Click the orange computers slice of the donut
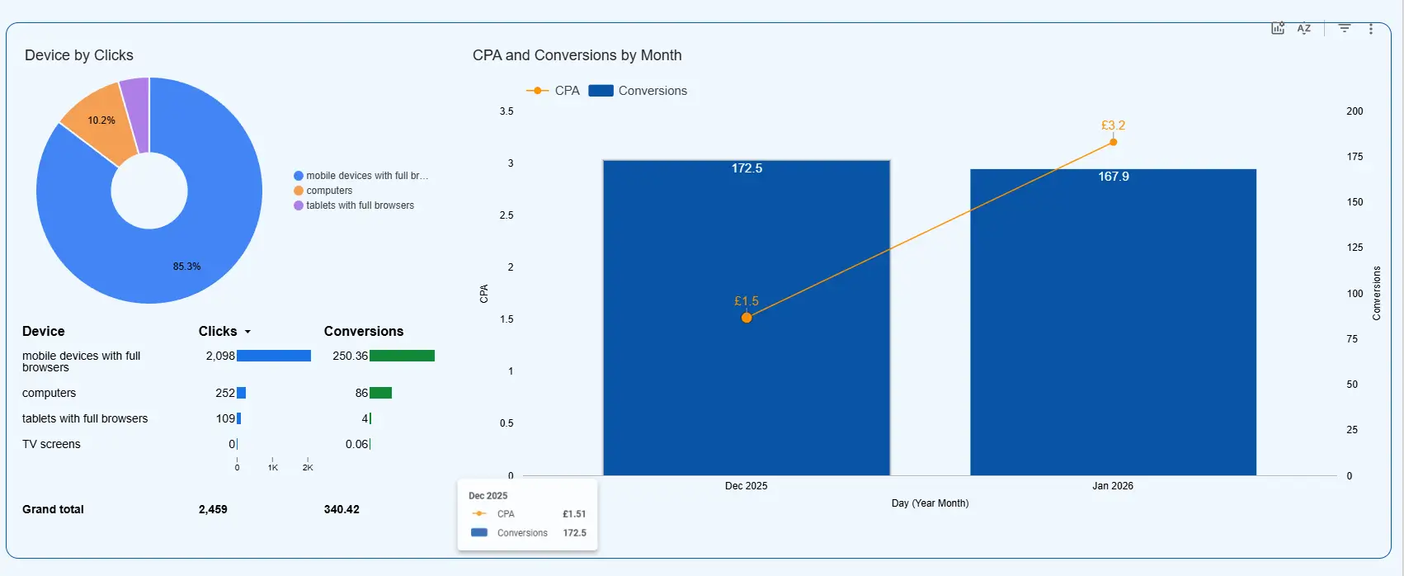tap(103, 124)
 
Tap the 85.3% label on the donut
tap(186, 267)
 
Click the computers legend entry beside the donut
tap(329, 191)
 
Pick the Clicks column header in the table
tap(218, 331)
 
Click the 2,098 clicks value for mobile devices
tap(220, 356)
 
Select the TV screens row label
tap(51, 444)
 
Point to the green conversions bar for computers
tap(380, 393)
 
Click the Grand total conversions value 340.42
tap(342, 509)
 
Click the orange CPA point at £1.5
tap(747, 318)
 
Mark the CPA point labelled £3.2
tap(1113, 142)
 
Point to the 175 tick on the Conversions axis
tap(1355, 157)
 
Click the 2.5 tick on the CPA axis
tap(506, 215)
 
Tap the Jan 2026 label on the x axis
tap(1112, 486)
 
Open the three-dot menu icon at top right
tap(1371, 29)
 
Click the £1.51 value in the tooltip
tap(574, 514)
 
